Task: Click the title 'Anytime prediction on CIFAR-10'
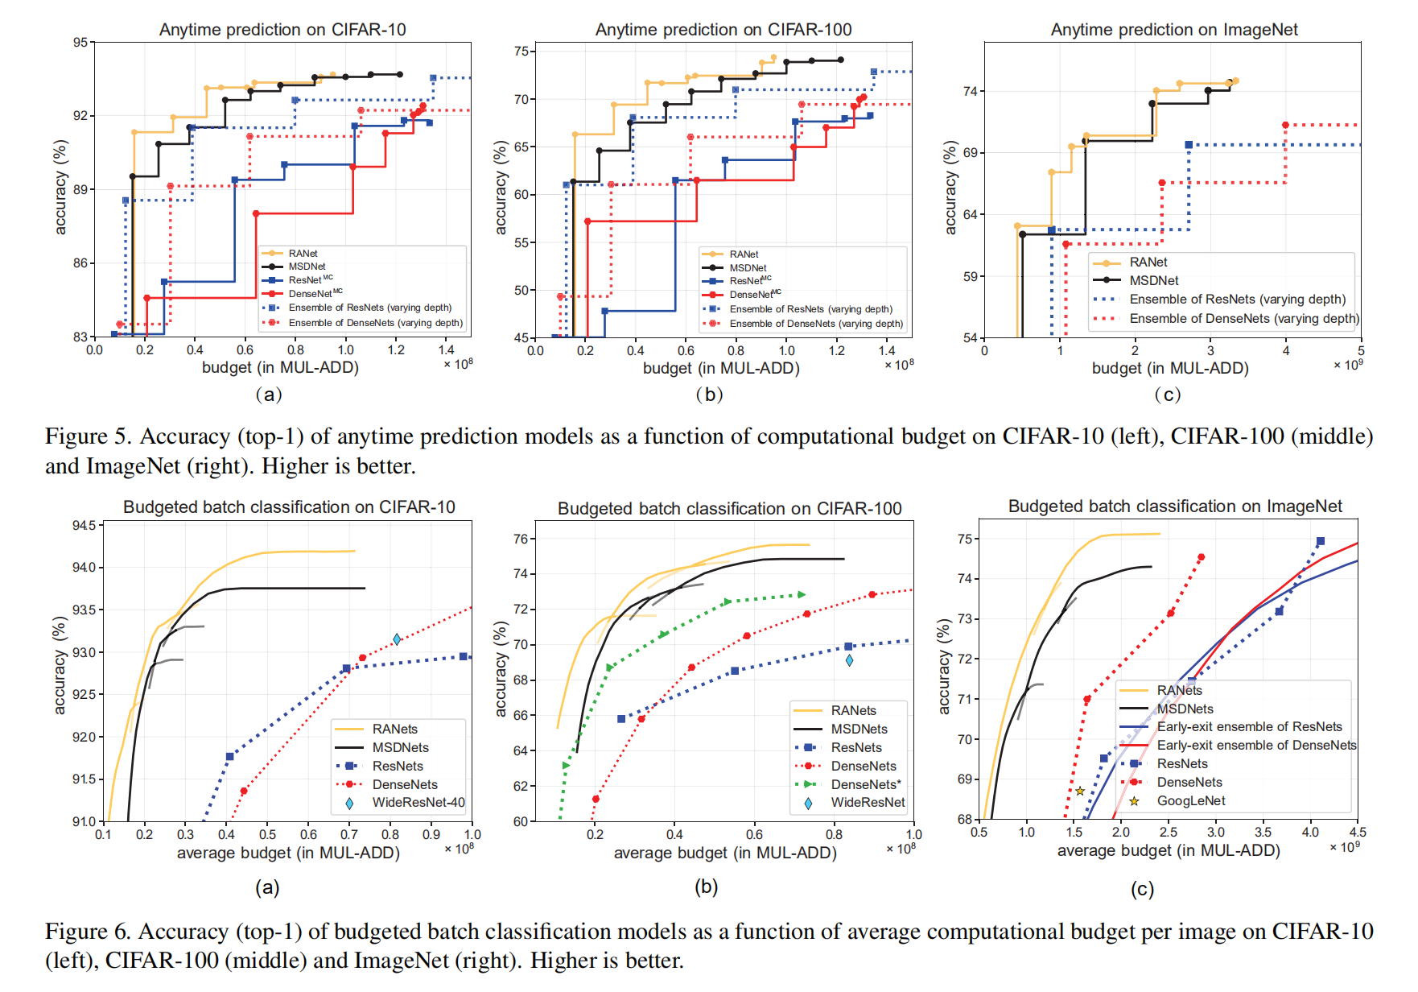click(x=282, y=30)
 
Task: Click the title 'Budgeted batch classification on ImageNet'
click(x=1175, y=506)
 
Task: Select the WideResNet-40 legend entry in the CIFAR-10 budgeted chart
click(x=418, y=803)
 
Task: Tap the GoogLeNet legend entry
click(x=1190, y=801)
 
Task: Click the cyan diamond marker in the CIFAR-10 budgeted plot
click(x=397, y=639)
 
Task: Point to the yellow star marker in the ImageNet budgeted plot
click(x=1080, y=792)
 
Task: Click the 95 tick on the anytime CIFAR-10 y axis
click(x=80, y=43)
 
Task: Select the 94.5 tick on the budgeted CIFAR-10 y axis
click(x=84, y=526)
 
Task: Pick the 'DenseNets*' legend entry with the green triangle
click(x=866, y=784)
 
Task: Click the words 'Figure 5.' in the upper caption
click(x=88, y=436)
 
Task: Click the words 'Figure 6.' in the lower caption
click(x=88, y=932)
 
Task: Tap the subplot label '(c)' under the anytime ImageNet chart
click(x=1167, y=395)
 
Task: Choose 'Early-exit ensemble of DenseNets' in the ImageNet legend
click(x=1256, y=746)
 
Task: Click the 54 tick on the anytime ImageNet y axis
click(x=970, y=337)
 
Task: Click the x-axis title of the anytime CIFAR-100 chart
click(x=721, y=368)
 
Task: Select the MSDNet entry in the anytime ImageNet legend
click(x=1153, y=281)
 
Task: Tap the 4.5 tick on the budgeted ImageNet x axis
click(x=1358, y=832)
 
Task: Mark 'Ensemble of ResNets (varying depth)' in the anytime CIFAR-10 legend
click(x=369, y=308)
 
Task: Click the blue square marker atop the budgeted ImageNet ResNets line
click(x=1320, y=541)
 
